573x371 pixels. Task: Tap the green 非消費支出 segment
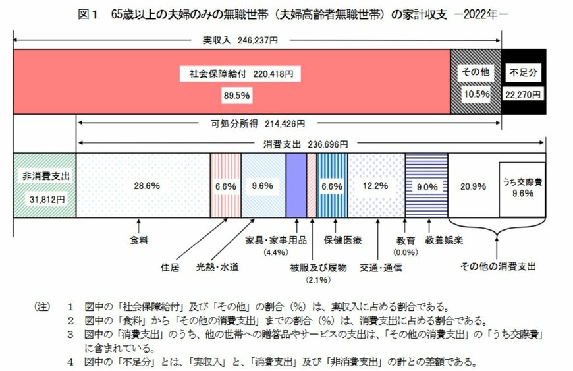point(45,185)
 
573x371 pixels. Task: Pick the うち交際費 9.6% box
point(522,189)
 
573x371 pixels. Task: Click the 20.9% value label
point(473,186)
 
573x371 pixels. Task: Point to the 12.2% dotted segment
point(375,186)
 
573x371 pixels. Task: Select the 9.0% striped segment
point(426,186)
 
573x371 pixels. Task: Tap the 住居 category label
point(170,268)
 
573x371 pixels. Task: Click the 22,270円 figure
point(524,94)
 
